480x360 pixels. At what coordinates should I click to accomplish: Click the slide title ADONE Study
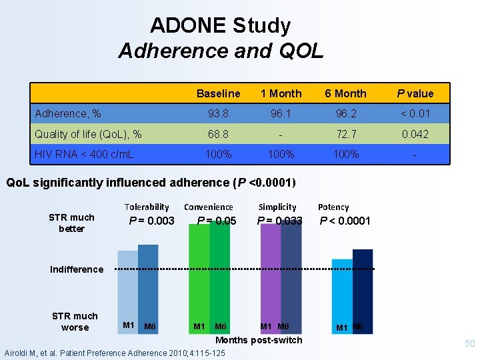(x=221, y=26)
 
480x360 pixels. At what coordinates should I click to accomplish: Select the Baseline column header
(x=219, y=93)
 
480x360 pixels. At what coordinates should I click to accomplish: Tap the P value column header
(x=415, y=93)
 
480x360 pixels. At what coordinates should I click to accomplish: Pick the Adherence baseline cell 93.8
(x=219, y=114)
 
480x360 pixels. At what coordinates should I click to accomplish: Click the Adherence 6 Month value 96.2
(x=345, y=114)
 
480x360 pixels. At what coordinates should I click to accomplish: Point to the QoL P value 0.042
(x=415, y=134)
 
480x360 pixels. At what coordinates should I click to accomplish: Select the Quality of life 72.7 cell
(x=345, y=134)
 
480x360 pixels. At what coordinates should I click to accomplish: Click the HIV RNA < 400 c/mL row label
(x=84, y=154)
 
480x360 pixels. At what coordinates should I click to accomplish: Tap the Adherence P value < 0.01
(x=415, y=114)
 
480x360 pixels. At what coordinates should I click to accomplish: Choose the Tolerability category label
(x=147, y=207)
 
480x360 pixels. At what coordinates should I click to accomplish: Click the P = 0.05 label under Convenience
(x=217, y=221)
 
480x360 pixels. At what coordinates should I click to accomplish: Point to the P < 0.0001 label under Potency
(x=345, y=221)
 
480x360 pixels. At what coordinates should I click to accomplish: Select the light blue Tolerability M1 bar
(x=127, y=287)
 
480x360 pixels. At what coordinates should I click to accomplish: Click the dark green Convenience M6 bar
(x=219, y=280)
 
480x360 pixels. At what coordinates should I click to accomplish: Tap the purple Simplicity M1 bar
(x=270, y=280)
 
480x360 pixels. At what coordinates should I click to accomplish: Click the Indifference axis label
(x=77, y=269)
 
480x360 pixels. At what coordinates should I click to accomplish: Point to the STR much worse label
(x=75, y=321)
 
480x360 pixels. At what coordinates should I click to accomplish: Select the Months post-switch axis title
(x=259, y=340)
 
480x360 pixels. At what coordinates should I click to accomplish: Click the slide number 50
(x=469, y=343)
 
